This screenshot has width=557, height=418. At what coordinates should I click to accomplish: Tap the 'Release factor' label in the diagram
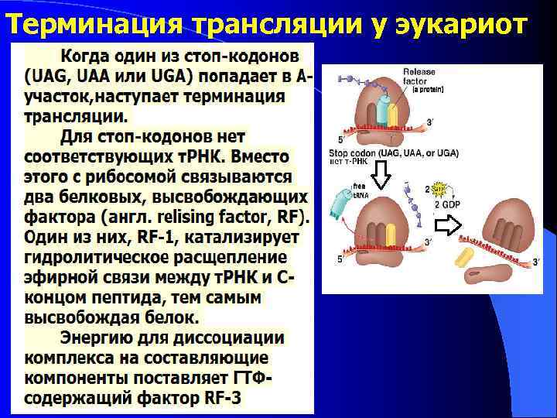pos(419,77)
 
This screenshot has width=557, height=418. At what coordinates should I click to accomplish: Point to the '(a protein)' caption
pos(430,90)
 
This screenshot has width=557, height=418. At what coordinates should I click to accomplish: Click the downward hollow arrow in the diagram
pos(381,176)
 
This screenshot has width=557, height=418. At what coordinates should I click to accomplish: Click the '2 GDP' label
pos(447,205)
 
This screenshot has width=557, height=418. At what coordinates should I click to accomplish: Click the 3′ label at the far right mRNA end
pos(536,263)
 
